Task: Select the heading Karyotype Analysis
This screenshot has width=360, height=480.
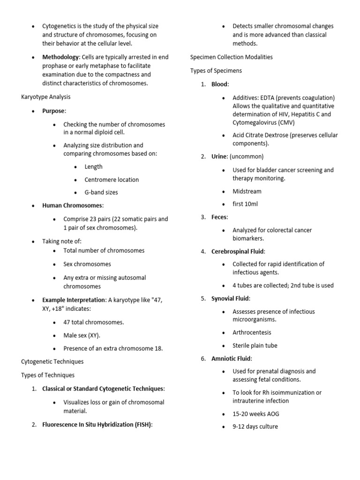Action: coord(46,97)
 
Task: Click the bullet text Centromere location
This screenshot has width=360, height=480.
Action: coord(112,180)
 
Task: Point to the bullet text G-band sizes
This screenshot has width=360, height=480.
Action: coord(101,192)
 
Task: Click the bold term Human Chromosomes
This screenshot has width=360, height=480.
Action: coord(72,205)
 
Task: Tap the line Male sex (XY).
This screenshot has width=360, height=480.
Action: coord(82,335)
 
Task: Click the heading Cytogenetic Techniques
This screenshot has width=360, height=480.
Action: coord(52,361)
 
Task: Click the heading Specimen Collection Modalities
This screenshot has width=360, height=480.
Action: coord(232,57)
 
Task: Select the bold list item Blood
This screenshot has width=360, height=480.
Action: coord(219,84)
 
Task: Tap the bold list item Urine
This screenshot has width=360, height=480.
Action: coord(219,157)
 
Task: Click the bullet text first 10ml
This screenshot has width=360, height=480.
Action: coord(245,204)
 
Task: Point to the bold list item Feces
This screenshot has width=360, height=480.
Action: coord(219,217)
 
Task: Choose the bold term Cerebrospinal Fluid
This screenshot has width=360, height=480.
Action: coord(238,251)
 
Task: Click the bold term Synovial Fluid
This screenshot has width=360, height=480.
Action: coord(230,298)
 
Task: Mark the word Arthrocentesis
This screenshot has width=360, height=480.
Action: coord(252,332)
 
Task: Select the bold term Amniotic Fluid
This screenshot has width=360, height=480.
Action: coord(231,359)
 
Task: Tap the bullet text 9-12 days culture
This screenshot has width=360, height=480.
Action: coord(255,427)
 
